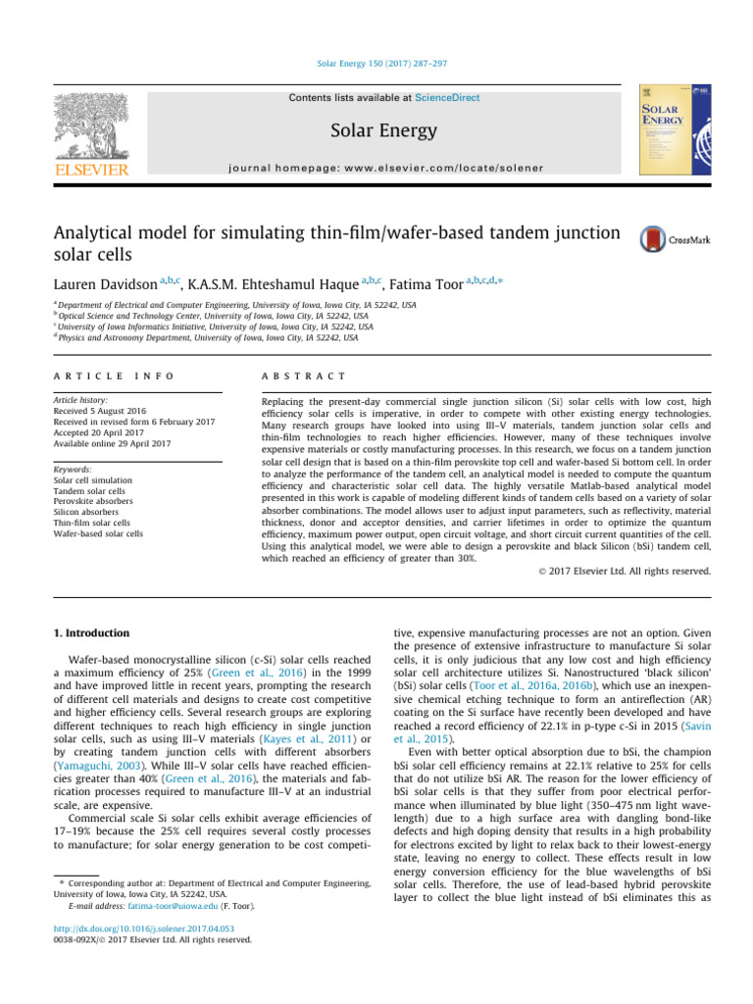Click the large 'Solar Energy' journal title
pos(376,130)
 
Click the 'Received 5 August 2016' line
pos(98,413)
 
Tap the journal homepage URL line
pos(376,168)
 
